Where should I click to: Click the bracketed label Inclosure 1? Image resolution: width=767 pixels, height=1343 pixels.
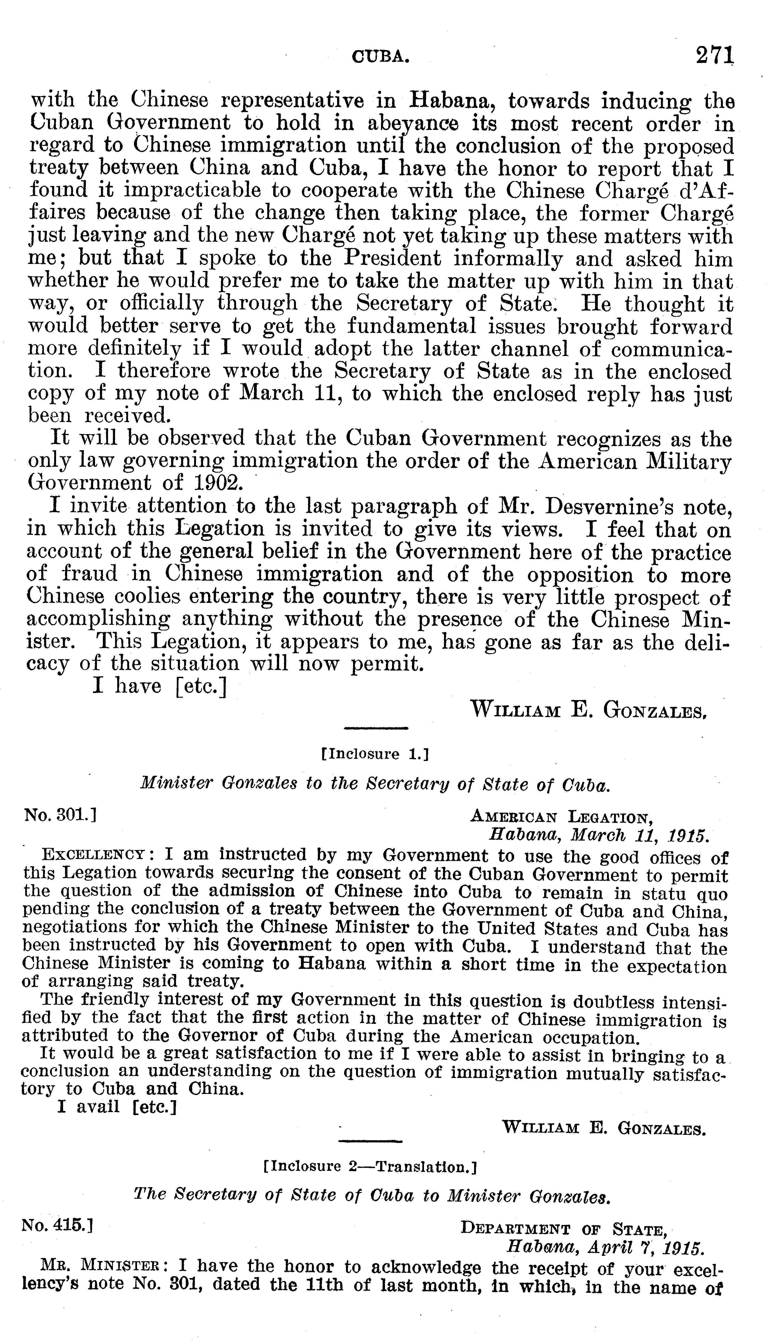375,754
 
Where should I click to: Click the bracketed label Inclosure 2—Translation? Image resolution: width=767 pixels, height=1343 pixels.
370,1166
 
